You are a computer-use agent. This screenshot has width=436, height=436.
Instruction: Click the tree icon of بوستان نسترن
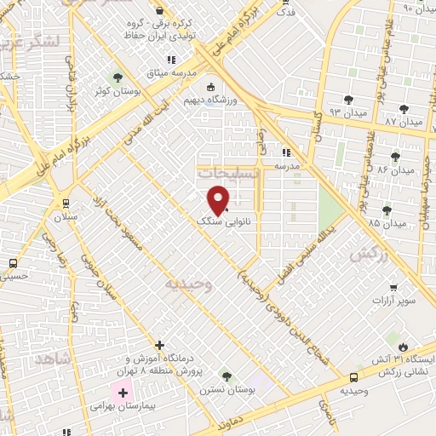click(x=226, y=376)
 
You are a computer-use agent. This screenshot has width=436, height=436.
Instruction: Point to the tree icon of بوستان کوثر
click(x=118, y=77)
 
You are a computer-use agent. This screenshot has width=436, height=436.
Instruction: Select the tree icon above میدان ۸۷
click(x=403, y=109)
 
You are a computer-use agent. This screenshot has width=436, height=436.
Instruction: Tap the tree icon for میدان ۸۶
click(x=395, y=156)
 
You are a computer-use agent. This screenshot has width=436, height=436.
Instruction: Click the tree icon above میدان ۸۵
click(x=387, y=209)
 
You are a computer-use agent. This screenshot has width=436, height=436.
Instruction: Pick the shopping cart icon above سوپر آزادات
click(x=393, y=288)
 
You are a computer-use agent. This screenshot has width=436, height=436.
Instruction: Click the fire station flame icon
click(x=403, y=347)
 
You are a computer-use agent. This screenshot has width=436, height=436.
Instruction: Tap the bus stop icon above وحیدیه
click(x=353, y=377)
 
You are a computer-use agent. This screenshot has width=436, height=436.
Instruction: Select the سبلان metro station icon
click(x=65, y=204)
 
